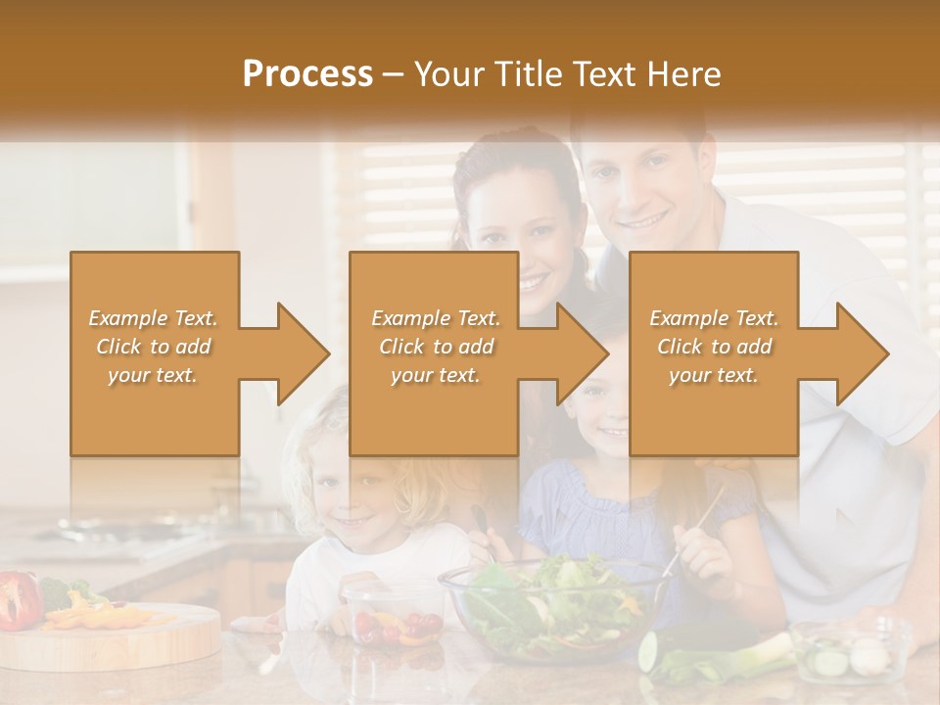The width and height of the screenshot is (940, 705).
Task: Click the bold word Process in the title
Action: click(x=307, y=74)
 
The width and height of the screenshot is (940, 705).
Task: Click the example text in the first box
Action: click(x=154, y=347)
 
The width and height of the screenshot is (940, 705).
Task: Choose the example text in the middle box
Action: click(x=436, y=347)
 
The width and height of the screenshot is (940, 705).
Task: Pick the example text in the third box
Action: click(x=714, y=347)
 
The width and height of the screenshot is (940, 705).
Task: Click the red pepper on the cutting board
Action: click(x=20, y=599)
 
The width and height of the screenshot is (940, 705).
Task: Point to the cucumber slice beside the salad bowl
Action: click(x=648, y=651)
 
